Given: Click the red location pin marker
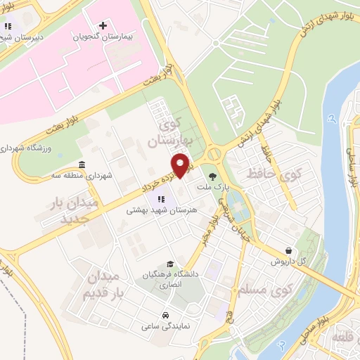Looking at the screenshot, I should click(x=181, y=165).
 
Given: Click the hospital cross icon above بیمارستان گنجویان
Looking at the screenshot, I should click(x=103, y=26).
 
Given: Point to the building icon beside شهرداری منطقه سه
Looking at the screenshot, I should click(x=83, y=165).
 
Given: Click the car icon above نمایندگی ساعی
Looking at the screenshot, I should click(x=165, y=315).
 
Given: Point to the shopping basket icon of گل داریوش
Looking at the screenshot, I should click(x=289, y=250).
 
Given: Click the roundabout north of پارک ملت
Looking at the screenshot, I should click(x=213, y=153).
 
